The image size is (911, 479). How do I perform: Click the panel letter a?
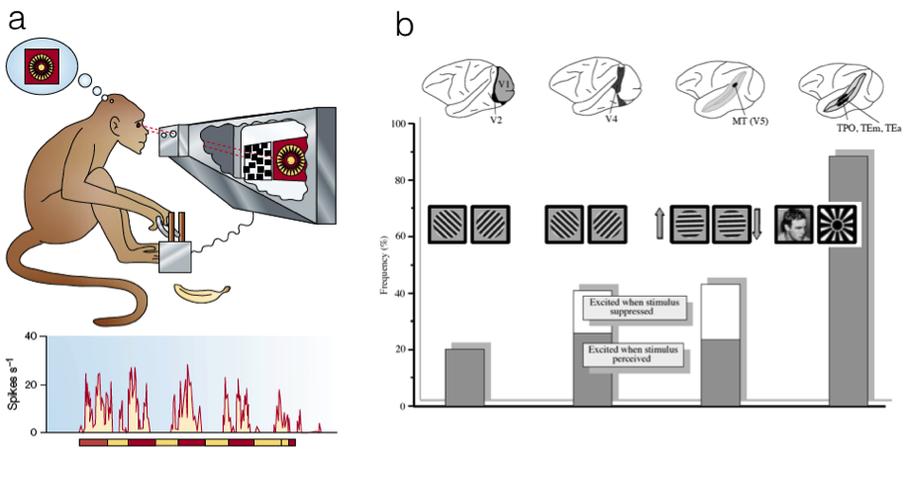16,21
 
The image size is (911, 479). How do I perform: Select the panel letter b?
404,24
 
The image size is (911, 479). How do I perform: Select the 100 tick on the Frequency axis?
397,124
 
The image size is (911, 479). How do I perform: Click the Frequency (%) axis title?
382,265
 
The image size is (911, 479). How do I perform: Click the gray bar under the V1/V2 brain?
464,377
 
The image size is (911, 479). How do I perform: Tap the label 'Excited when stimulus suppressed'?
634,306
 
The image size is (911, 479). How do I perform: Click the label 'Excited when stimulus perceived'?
634,355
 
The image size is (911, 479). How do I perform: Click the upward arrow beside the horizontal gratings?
659,225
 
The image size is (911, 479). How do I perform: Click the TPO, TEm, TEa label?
851,130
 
